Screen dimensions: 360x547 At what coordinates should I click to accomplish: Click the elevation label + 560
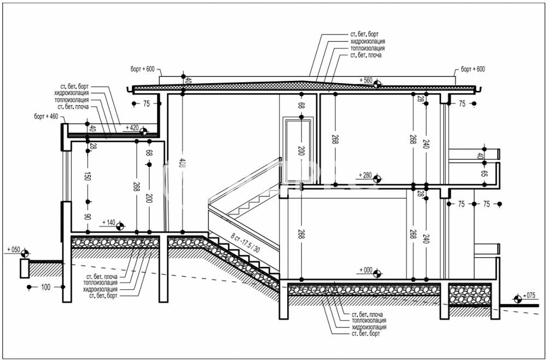point(365,80)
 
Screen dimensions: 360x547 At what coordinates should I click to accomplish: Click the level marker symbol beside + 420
point(143,131)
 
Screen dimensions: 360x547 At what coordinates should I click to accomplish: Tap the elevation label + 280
point(365,175)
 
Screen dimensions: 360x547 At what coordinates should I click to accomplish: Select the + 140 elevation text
point(108,223)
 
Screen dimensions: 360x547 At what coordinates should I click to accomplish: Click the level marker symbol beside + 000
point(379,270)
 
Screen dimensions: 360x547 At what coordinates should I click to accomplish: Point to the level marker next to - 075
point(517,299)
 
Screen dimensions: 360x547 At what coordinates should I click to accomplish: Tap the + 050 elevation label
point(13,249)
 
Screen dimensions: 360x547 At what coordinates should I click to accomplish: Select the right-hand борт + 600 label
point(473,69)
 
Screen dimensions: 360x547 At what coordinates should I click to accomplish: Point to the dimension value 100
point(45,287)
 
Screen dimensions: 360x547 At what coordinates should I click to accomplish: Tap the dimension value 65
point(484,175)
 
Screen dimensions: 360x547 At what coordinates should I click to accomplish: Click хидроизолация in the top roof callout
point(368,41)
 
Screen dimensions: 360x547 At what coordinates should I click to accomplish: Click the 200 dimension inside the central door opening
point(300,150)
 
